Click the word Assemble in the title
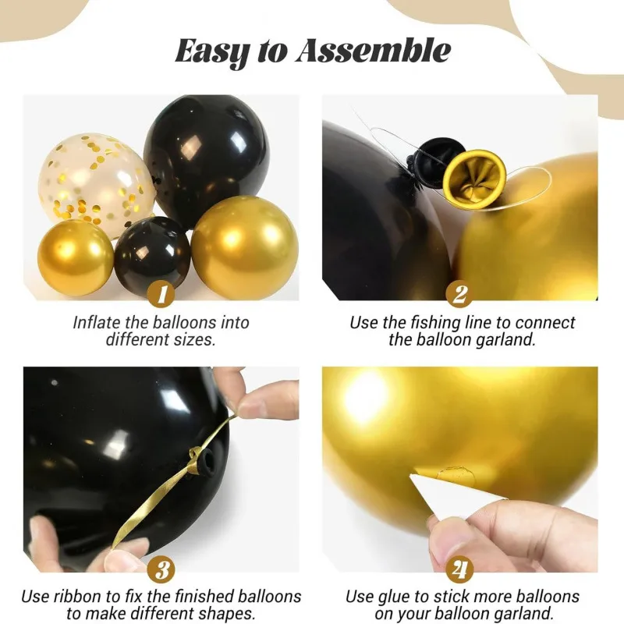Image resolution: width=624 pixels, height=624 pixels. tap(373, 51)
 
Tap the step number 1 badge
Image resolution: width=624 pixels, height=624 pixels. tap(161, 295)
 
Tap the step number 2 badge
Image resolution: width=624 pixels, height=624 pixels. tap(459, 295)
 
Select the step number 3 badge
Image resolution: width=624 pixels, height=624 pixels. tap(161, 570)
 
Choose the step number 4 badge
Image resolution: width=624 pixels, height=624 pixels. tap(459, 570)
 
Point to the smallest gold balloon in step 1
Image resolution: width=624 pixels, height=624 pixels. tap(76, 257)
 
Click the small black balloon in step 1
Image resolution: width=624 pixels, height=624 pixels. tap(152, 255)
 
